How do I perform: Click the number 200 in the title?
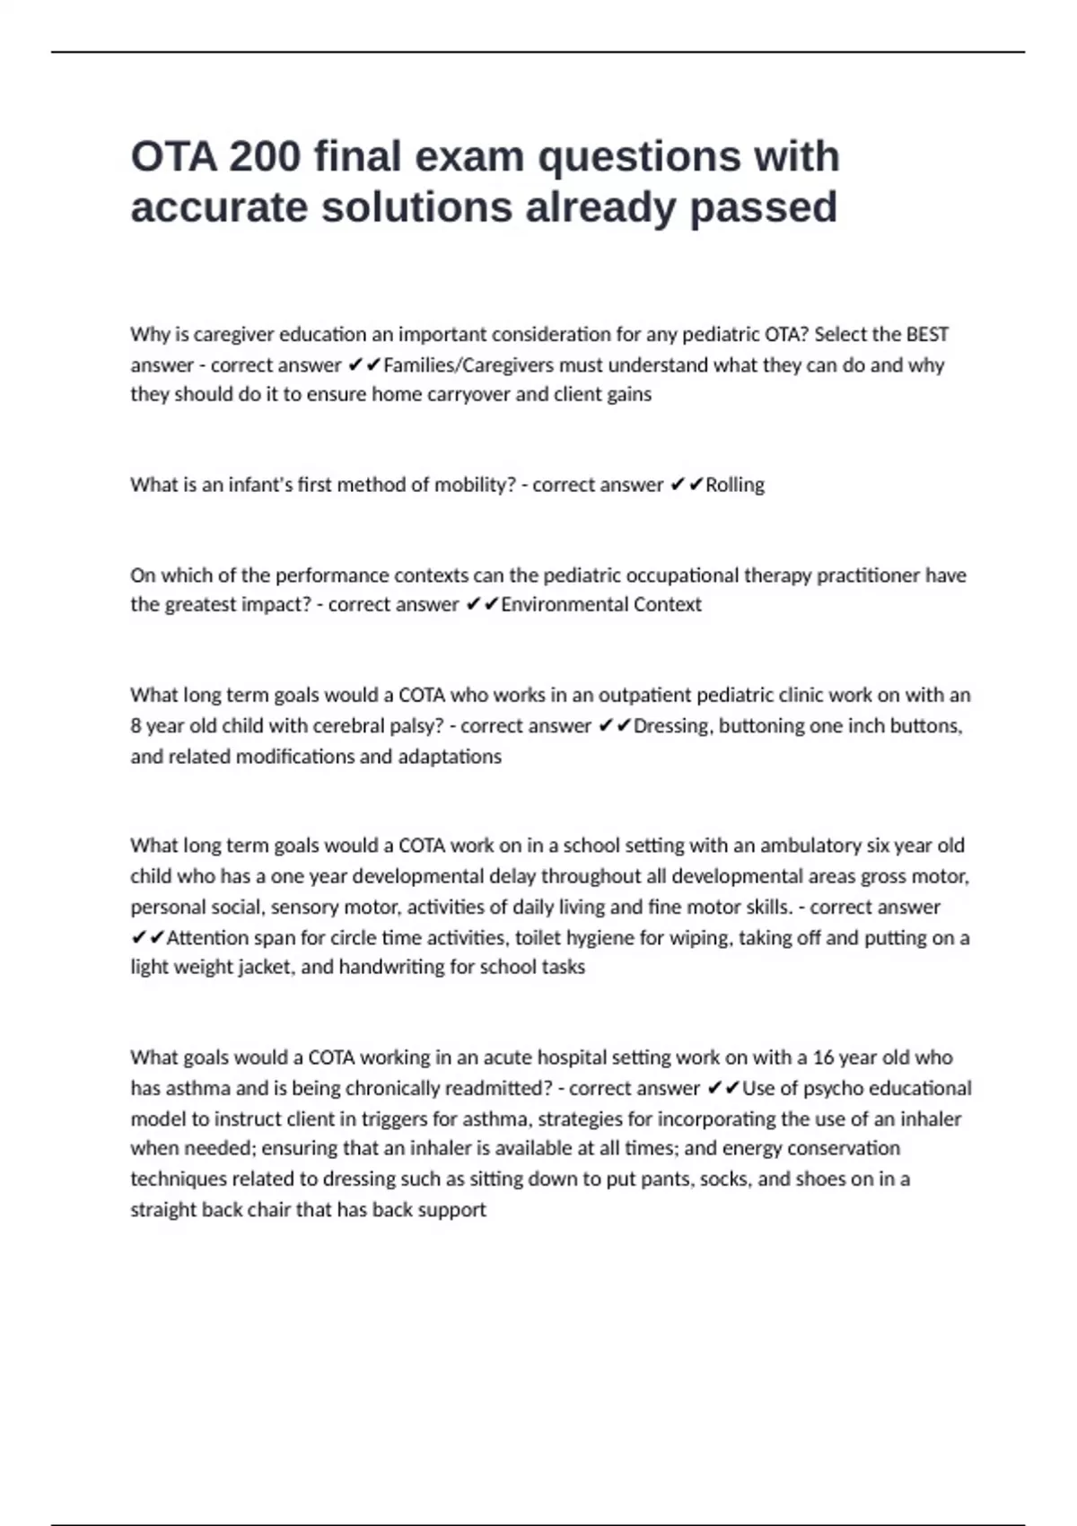(264, 157)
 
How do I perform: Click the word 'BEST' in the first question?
(927, 335)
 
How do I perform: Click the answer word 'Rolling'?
(735, 485)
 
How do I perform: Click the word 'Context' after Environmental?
(668, 605)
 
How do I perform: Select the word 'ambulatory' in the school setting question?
(810, 846)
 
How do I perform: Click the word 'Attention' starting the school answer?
(208, 938)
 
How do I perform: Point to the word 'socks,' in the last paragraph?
(725, 1180)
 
